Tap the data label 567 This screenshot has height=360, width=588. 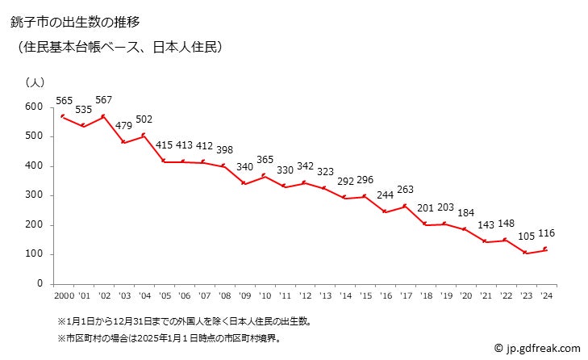[103, 100]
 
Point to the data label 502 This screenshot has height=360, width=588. [145, 119]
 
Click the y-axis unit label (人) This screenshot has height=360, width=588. [36, 82]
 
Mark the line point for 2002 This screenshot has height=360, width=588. [102, 116]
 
